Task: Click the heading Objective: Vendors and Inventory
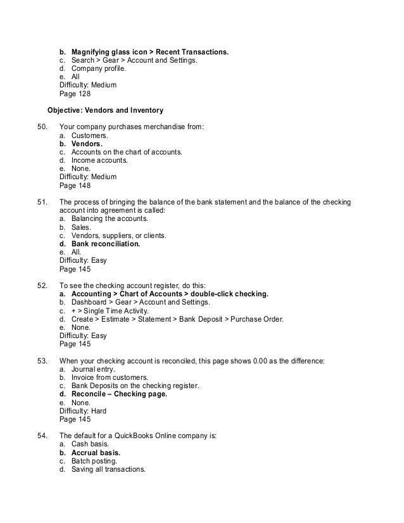(x=106, y=110)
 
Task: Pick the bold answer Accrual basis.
(x=95, y=453)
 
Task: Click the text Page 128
(x=75, y=94)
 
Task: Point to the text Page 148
(x=75, y=186)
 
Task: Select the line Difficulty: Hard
(x=83, y=411)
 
